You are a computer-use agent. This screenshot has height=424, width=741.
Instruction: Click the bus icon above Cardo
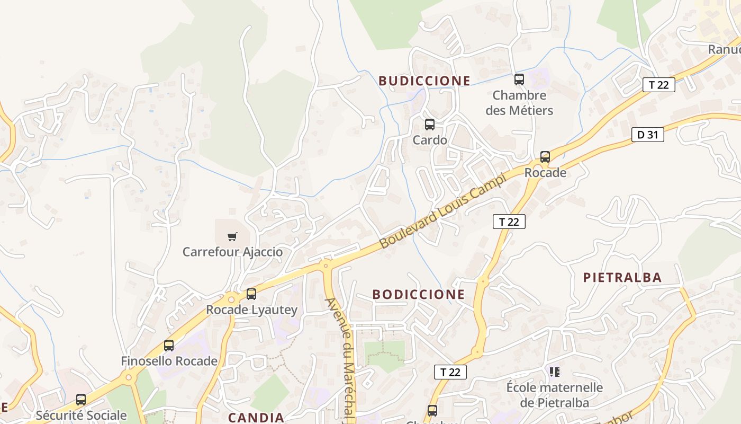tap(430, 125)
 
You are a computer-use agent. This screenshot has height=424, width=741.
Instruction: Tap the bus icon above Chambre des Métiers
tap(519, 80)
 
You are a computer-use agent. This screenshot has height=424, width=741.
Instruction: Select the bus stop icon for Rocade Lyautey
tap(251, 294)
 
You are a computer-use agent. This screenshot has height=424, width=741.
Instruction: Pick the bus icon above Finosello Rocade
tap(169, 346)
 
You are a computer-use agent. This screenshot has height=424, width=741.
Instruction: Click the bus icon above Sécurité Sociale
tap(81, 400)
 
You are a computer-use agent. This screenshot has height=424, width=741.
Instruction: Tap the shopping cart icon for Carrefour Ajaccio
tap(232, 236)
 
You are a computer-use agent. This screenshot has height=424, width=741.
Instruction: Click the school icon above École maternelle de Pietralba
tap(555, 372)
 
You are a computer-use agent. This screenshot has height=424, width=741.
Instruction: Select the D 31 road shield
tap(647, 135)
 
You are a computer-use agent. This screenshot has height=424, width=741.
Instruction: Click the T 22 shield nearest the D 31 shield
tap(658, 85)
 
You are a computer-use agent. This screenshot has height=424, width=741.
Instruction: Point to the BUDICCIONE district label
tap(424, 81)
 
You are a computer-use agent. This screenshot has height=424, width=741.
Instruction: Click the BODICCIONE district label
tap(419, 295)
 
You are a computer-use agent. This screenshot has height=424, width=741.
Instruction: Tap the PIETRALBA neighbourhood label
tap(622, 278)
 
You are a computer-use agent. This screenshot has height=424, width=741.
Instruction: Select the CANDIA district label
tap(256, 418)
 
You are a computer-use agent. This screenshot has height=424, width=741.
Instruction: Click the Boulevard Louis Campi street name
tap(443, 210)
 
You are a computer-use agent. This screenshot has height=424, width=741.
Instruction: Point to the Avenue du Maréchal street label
tap(342, 360)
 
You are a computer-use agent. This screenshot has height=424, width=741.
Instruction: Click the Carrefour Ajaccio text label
tap(232, 252)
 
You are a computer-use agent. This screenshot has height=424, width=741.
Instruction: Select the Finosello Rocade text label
tap(169, 361)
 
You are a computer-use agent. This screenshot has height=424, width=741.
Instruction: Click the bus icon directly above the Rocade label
tap(545, 157)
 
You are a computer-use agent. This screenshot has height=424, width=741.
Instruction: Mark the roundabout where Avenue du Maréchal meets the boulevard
tap(326, 264)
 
